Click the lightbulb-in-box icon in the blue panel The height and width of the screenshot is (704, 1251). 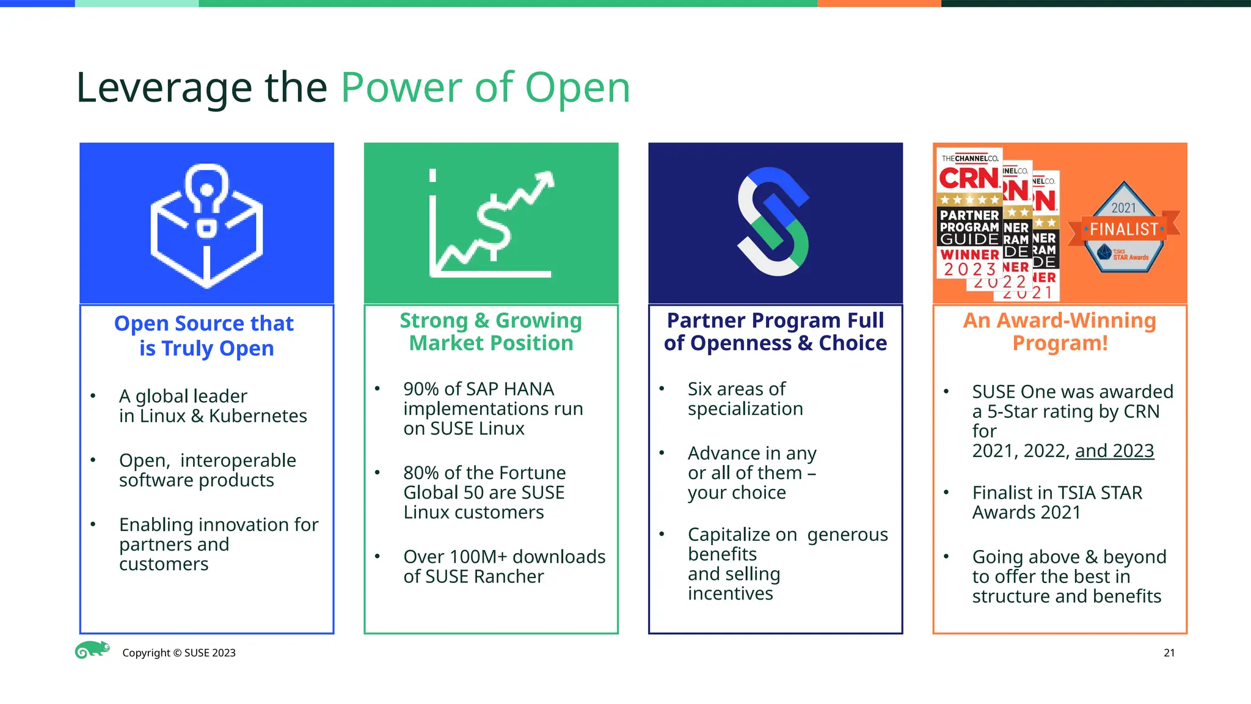(206, 226)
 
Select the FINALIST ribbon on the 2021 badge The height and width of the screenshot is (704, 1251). (1124, 230)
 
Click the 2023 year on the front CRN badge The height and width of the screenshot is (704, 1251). (969, 269)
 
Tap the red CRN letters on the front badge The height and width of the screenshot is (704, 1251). (969, 179)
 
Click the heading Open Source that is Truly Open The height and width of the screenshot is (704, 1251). (205, 335)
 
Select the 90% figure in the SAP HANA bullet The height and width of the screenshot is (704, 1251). (421, 389)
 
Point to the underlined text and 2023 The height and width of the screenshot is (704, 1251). (1114, 451)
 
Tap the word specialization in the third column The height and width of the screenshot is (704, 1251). (745, 409)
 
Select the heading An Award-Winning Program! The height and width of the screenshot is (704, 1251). (1059, 332)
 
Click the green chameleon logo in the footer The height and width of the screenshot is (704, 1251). (92, 650)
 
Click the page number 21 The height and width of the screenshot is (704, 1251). (1169, 653)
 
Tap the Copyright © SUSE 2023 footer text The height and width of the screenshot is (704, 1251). (178, 653)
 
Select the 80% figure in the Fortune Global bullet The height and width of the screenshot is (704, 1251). (421, 473)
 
